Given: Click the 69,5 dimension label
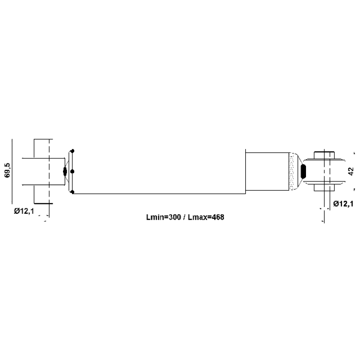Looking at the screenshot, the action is [x=7, y=171].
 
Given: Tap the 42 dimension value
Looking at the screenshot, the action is [x=351, y=171].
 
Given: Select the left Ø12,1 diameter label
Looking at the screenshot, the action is [x=24, y=211].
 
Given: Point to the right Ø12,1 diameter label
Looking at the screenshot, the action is [x=343, y=204].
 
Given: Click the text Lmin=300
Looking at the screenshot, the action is [x=163, y=217].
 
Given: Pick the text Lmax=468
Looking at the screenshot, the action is [x=206, y=217].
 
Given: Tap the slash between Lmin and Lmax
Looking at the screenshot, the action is [x=184, y=217].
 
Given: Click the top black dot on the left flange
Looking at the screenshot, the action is [x=72, y=151].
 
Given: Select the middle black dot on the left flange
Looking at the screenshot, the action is [x=72, y=171].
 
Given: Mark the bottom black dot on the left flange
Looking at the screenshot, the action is [x=72, y=192].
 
